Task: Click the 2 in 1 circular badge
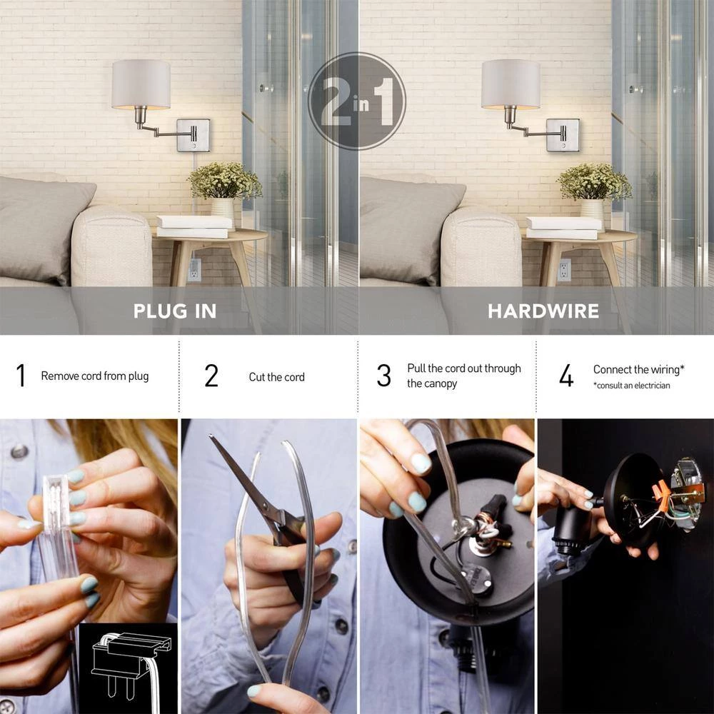[x=356, y=101]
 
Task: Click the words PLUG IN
[x=175, y=311]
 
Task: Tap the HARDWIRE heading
[x=543, y=311]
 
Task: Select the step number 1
[x=21, y=376]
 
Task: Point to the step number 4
[x=566, y=376]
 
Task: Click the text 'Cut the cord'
[x=276, y=377]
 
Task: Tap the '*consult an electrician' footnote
[x=632, y=386]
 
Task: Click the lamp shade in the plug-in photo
[x=141, y=84]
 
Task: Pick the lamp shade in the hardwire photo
[x=511, y=84]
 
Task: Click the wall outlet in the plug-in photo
[x=194, y=270]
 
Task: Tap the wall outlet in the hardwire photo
[x=564, y=270]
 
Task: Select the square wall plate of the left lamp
[x=193, y=135]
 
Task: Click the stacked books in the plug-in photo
[x=194, y=227]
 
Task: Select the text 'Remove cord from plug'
[x=95, y=376]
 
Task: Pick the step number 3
[x=384, y=376]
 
